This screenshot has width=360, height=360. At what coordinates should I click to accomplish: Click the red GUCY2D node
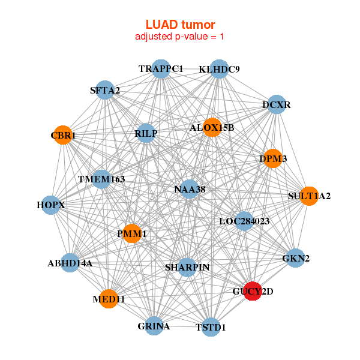pyautogui.click(x=253, y=291)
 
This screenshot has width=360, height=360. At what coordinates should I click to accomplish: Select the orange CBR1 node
pyautogui.click(x=63, y=135)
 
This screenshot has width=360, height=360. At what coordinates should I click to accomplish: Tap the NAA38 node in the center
pyautogui.click(x=190, y=189)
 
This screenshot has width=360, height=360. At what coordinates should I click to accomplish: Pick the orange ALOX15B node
pyautogui.click(x=212, y=127)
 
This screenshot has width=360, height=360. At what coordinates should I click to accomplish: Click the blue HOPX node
pyautogui.click(x=50, y=205)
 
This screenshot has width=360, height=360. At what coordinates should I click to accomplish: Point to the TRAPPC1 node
pyautogui.click(x=161, y=69)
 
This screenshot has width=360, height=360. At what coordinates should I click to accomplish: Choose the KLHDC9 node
pyautogui.click(x=219, y=69)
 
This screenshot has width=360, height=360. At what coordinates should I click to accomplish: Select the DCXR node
pyautogui.click(x=277, y=104)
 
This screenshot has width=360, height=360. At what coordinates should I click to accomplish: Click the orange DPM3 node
pyautogui.click(x=273, y=158)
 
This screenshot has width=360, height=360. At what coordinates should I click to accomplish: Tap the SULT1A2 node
pyautogui.click(x=309, y=196)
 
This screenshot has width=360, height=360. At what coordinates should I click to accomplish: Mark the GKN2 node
pyautogui.click(x=296, y=258)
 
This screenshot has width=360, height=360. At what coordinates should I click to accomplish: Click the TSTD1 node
pyautogui.click(x=211, y=327)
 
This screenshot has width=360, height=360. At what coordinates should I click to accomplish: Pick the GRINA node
pyautogui.click(x=154, y=326)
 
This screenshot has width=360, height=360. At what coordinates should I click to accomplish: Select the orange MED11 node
pyautogui.click(x=109, y=299)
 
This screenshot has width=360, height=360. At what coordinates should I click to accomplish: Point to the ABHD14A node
pyautogui.click(x=70, y=263)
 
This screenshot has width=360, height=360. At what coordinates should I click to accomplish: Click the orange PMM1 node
pyautogui.click(x=132, y=233)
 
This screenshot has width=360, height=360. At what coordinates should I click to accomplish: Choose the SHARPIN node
pyautogui.click(x=187, y=267)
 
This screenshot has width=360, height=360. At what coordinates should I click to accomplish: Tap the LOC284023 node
pyautogui.click(x=244, y=221)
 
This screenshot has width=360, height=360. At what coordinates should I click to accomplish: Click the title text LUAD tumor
pyautogui.click(x=180, y=25)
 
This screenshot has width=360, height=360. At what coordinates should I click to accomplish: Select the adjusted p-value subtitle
pyautogui.click(x=179, y=37)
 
